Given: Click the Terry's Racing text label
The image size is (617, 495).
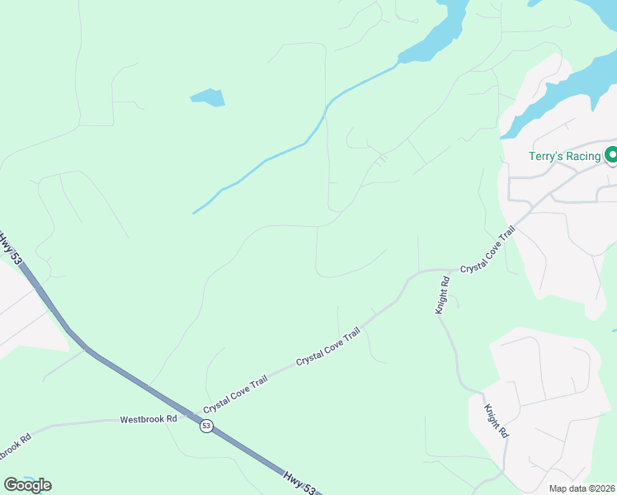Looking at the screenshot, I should [565, 155].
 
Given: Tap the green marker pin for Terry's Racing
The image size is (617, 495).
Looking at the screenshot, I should [611, 154].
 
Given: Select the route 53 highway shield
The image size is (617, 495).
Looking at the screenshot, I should [206, 426].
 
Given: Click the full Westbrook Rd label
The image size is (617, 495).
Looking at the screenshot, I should [148, 419].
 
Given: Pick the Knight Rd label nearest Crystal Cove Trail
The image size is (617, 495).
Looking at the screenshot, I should [443, 295].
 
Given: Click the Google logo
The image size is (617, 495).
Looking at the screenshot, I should [27, 484].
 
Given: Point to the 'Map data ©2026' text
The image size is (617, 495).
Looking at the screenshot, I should [582, 488].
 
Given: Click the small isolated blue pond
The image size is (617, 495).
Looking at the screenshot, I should [208, 97].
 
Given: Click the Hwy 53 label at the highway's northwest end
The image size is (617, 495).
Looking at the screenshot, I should [11, 249].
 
